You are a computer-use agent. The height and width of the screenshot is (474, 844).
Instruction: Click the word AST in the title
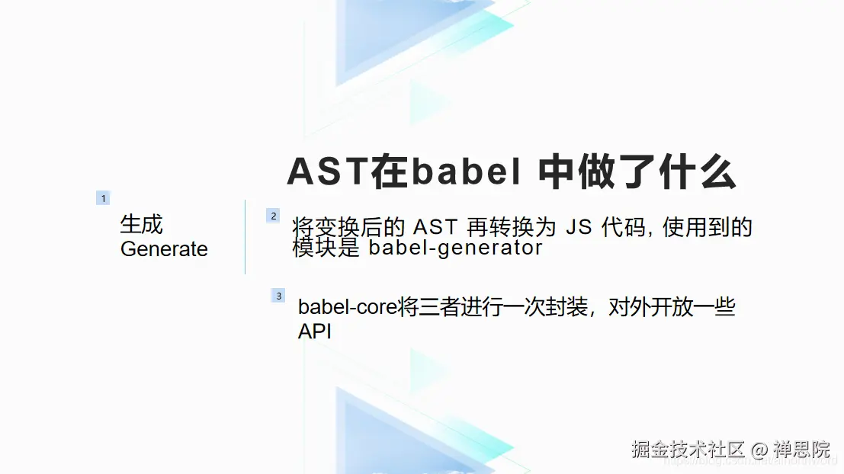[327, 172]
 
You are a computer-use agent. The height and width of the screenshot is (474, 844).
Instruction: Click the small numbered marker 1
[103, 198]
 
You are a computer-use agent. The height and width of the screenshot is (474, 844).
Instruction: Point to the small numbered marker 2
[273, 216]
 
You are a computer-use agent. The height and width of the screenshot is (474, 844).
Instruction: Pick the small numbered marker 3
[278, 296]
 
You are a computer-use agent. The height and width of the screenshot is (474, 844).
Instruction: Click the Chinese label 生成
[141, 224]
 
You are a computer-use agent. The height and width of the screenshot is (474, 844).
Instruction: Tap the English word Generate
[164, 249]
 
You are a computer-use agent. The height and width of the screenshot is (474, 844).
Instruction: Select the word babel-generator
[455, 248]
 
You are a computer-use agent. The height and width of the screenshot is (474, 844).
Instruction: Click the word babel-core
[347, 308]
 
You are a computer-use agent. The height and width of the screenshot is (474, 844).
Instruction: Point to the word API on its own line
[315, 332]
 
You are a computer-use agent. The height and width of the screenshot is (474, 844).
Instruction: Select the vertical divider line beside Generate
[245, 236]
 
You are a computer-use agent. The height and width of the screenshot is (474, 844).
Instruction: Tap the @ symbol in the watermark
[759, 449]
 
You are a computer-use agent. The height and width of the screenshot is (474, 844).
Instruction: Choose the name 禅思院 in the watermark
[802, 449]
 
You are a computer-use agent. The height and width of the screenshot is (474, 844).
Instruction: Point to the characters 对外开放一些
[672, 308]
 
